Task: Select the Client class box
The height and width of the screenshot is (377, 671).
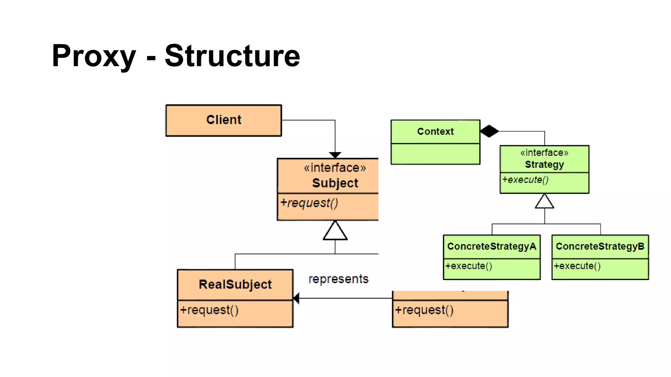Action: click(224, 120)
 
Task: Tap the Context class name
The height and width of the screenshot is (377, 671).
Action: click(435, 132)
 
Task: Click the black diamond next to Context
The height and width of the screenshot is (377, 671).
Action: click(489, 131)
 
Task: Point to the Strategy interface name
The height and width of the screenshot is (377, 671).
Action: click(544, 165)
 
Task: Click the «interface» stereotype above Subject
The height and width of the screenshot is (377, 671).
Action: click(335, 168)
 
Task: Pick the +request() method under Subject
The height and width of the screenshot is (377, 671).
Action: click(309, 203)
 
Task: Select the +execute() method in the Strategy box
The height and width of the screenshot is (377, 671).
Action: click(525, 180)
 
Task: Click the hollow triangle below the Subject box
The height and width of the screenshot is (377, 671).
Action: click(335, 231)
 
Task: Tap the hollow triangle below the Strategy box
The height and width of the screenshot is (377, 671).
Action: click(545, 202)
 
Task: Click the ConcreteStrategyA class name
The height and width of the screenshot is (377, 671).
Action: click(491, 246)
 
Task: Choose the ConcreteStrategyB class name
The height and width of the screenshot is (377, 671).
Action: click(600, 246)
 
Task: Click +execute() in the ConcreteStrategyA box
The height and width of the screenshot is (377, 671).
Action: click(469, 266)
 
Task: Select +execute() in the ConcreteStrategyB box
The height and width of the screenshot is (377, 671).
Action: click(577, 266)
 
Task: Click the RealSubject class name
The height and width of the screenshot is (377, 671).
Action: click(235, 284)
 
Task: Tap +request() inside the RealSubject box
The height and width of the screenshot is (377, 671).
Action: click(209, 310)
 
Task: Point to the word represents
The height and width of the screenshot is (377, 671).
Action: click(338, 279)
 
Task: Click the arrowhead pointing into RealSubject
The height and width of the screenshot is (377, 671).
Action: click(296, 298)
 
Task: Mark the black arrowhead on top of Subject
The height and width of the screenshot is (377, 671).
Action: click(335, 155)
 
